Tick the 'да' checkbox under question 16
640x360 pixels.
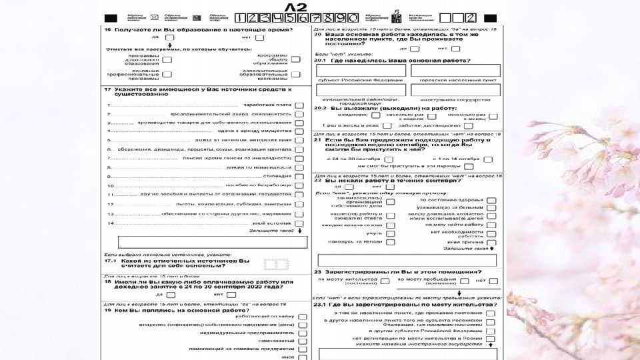click(x=170, y=38)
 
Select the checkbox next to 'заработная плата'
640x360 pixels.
click(x=299, y=105)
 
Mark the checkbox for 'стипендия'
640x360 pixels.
click(x=299, y=176)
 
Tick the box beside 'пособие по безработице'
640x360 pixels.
click(x=299, y=185)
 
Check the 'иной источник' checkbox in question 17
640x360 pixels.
click(x=299, y=223)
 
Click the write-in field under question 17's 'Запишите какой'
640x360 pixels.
click(x=208, y=242)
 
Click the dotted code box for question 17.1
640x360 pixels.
click(x=276, y=265)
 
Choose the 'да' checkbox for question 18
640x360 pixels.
click(x=170, y=294)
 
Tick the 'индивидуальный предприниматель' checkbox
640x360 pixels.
click(x=301, y=332)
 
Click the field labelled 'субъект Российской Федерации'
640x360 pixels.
click(x=360, y=70)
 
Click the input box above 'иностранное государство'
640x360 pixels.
click(x=455, y=90)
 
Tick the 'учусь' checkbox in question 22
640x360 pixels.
click(x=390, y=233)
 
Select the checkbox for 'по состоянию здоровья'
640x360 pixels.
click(x=491, y=200)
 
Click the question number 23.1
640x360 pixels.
click(x=319, y=305)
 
